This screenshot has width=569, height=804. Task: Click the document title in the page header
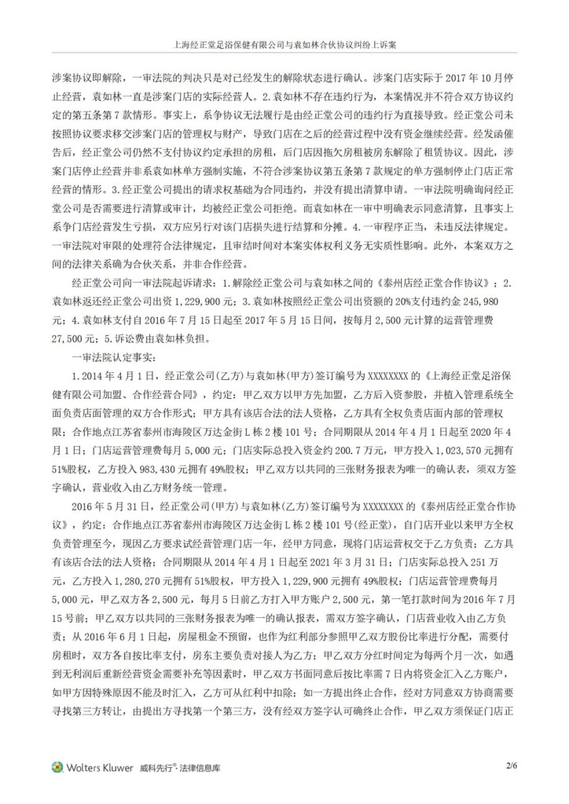tap(284, 46)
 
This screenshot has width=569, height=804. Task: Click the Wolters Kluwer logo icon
tap(57, 766)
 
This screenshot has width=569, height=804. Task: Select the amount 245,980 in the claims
tap(495, 303)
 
